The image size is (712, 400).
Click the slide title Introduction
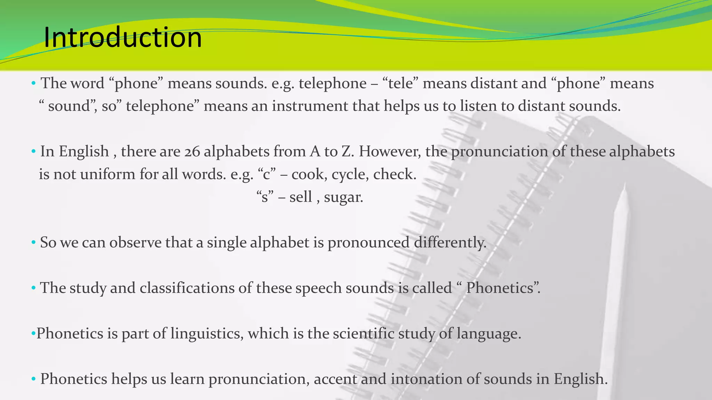[122, 37]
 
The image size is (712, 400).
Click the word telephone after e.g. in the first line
[332, 84]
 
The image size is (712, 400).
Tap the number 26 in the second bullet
[192, 152]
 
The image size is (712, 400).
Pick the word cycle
[350, 174]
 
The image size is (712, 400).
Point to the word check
[394, 174]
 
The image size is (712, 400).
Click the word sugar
[343, 197]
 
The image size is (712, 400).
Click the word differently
[450, 242]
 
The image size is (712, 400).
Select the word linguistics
[207, 333]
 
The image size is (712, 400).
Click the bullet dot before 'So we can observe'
[33, 242]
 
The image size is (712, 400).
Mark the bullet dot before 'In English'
[33, 152]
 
